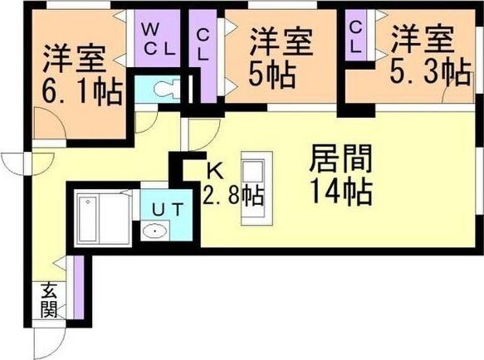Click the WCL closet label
coord(157,39)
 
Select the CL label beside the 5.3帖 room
coord(355,36)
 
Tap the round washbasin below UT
coord(155,231)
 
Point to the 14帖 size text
coord(341,193)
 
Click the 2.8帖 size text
coord(232,197)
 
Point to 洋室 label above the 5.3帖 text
coord(423,40)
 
